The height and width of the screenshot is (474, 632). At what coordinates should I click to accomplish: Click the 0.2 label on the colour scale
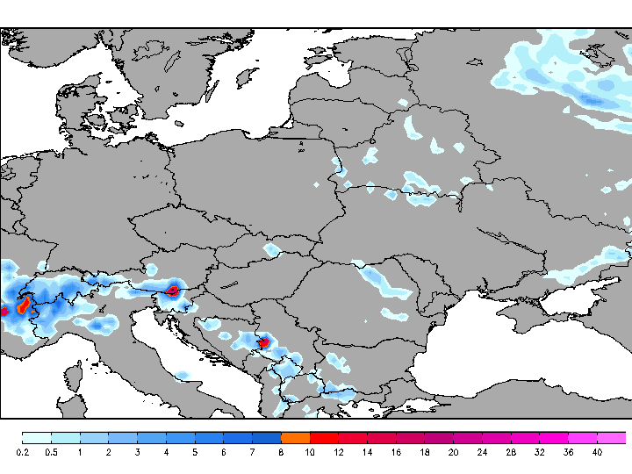[x=22, y=452]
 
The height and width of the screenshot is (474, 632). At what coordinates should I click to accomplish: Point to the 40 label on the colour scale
[x=597, y=452]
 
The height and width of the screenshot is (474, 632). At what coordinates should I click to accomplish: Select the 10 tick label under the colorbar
[x=310, y=452]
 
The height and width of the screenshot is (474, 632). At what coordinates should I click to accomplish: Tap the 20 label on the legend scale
[x=453, y=452]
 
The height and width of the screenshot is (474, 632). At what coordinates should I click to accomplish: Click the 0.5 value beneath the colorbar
[x=51, y=452]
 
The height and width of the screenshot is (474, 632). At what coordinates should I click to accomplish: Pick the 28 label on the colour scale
[x=511, y=452]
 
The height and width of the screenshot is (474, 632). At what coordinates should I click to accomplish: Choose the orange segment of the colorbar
[x=296, y=437]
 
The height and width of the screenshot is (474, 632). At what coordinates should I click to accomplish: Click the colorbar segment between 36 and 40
[x=583, y=437]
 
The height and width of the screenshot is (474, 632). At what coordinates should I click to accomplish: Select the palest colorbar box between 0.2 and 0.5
[x=37, y=437]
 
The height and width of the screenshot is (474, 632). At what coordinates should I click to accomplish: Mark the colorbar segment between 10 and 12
[x=324, y=437]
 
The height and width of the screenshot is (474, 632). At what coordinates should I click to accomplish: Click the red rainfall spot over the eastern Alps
[x=174, y=289]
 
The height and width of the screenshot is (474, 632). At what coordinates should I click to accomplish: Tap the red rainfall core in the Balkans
[x=262, y=342]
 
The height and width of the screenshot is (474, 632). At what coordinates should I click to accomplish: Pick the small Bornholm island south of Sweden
[x=179, y=123]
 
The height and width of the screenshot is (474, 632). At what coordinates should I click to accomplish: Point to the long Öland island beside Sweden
[x=216, y=94]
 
